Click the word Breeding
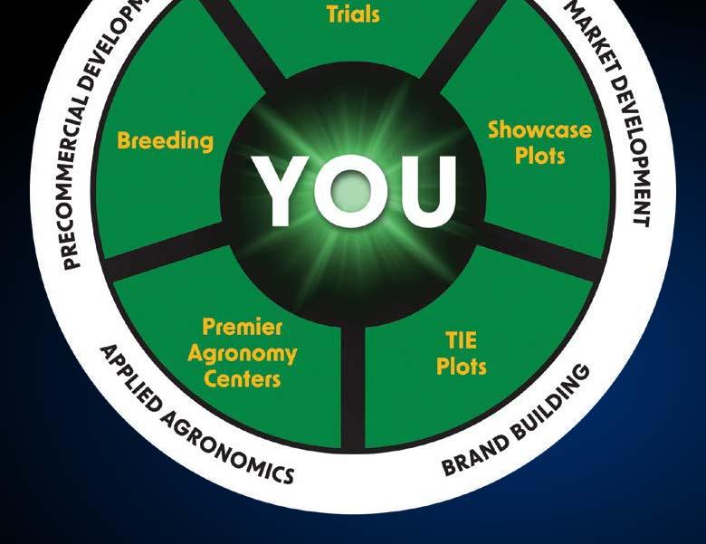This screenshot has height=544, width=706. [165, 141]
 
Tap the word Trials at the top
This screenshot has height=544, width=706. [353, 14]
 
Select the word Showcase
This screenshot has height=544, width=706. [539, 129]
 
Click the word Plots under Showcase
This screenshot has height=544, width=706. [539, 156]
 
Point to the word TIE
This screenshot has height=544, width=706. [461, 341]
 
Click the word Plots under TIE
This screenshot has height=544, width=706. [461, 367]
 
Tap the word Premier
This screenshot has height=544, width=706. [243, 327]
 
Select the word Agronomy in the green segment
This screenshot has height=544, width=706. [243, 353]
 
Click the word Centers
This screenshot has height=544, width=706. [243, 378]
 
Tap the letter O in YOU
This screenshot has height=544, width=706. [351, 192]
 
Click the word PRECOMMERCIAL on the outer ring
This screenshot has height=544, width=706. [82, 191]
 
